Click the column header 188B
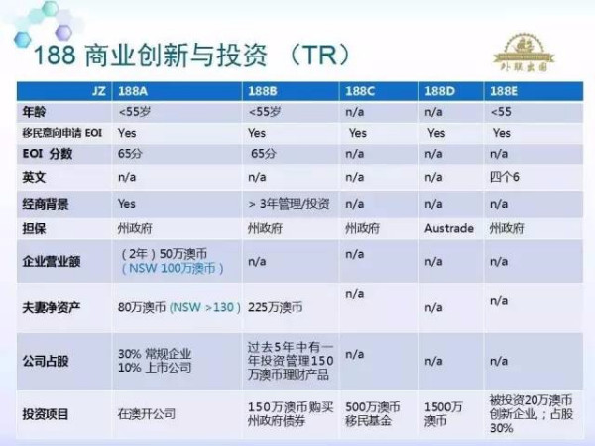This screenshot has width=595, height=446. tap(263, 89)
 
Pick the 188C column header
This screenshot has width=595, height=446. tap(360, 89)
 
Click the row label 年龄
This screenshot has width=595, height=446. tap(35, 111)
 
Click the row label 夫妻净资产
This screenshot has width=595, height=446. tap(52, 308)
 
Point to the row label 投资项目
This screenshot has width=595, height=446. tap(47, 413)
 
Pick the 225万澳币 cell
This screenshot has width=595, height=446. tap(275, 308)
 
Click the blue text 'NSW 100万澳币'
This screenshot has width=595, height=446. tap(174, 269)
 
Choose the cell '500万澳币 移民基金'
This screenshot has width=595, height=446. tap(371, 413)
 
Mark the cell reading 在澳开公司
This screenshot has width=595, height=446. tap(147, 413)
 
